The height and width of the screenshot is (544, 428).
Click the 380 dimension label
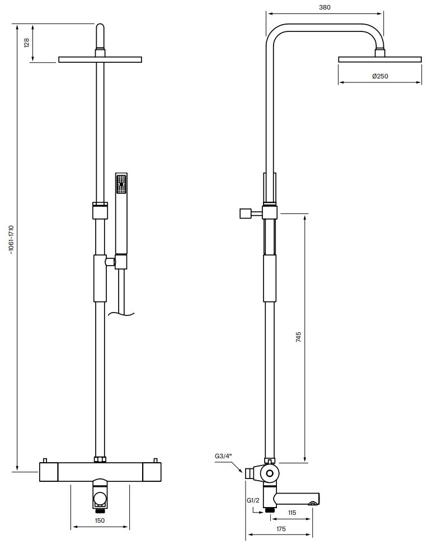[x=324, y=7]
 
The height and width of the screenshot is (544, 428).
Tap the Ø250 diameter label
[x=380, y=76]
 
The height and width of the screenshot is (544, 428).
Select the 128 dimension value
[x=27, y=43]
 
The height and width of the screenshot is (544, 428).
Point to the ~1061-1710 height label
[x=11, y=240]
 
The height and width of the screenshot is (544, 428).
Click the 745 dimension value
[x=298, y=337]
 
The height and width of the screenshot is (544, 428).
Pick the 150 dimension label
[x=100, y=520]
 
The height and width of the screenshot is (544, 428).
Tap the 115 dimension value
[x=292, y=513]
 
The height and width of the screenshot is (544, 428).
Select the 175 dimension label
[x=281, y=529]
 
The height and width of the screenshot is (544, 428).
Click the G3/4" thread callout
[x=223, y=456]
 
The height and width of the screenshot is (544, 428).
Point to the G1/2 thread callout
[x=253, y=500]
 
